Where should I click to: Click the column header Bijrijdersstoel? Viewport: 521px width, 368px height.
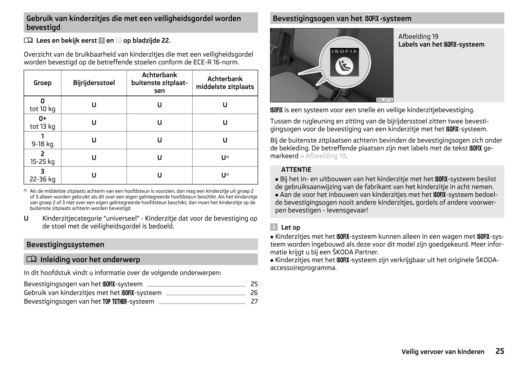(94, 83)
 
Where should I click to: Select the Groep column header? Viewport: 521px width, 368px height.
(42, 83)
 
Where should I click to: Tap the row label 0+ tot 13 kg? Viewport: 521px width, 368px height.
(42, 122)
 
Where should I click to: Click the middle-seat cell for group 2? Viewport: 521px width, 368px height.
(225, 158)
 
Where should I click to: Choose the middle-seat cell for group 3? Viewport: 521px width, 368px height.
(225, 175)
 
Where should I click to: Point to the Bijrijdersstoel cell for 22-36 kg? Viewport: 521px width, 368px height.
(94, 175)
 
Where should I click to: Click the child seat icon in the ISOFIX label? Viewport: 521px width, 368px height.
(344, 66)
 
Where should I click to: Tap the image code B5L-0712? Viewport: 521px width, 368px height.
(385, 100)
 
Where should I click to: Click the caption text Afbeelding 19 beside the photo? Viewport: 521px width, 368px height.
(418, 36)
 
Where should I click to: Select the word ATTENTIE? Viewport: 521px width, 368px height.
(296, 170)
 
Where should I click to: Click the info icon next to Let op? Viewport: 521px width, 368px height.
(274, 227)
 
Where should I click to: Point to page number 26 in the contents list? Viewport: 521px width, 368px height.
(254, 293)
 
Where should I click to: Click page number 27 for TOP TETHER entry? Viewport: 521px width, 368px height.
(254, 301)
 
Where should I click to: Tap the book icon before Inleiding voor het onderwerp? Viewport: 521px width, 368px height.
(32, 259)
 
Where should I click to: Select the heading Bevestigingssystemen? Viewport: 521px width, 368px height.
(65, 245)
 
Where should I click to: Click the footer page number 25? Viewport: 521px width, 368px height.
(500, 351)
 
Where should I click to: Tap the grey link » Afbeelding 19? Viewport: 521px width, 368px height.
(323, 156)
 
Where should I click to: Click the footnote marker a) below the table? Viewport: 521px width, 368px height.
(25, 190)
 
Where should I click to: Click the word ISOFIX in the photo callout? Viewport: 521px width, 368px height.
(344, 51)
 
